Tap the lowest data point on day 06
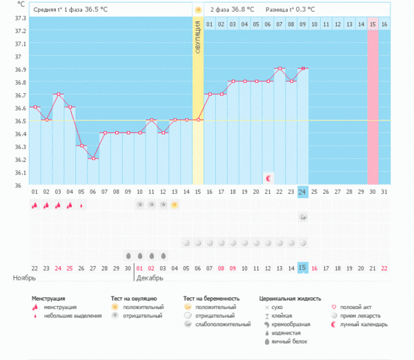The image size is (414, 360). (93, 159)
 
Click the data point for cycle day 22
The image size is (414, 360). (279, 68)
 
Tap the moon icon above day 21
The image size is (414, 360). (268, 178)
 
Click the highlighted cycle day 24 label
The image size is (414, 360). (303, 192)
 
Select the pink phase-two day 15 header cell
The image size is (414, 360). (373, 24)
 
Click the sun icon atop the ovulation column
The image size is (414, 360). (198, 10)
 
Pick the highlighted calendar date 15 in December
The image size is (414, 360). (303, 268)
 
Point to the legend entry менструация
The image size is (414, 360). (59, 307)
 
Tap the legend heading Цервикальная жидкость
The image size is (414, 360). (290, 299)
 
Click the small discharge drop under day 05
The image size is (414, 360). (81, 205)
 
